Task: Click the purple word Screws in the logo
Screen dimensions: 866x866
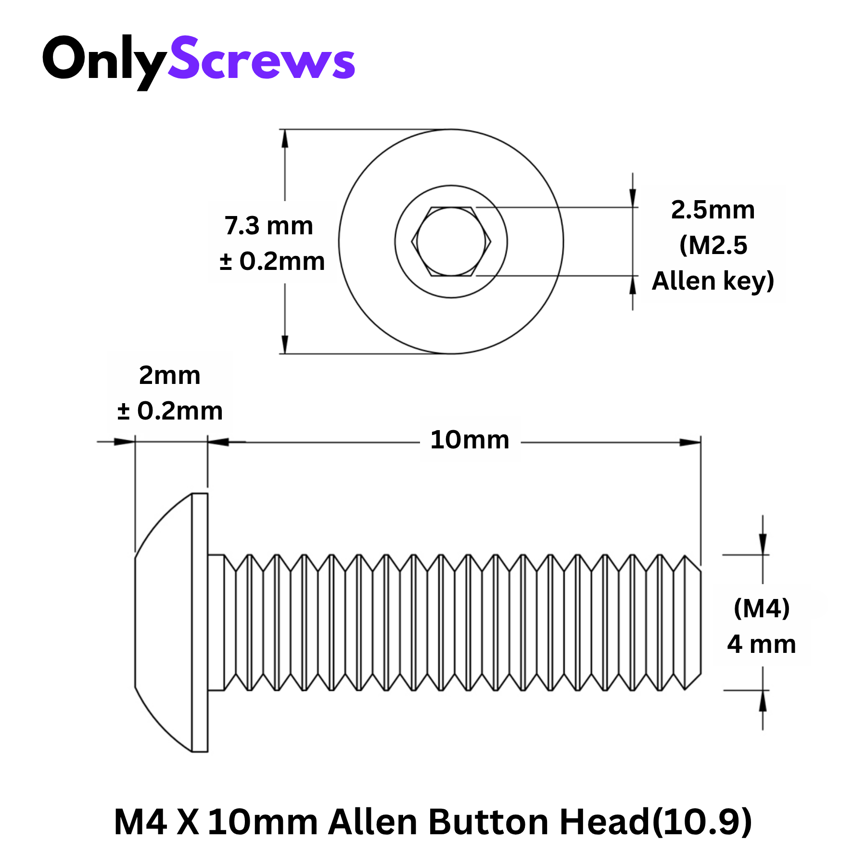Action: coord(262,58)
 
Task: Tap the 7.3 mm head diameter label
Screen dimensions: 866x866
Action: coord(269,226)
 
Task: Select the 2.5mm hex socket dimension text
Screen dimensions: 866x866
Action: coord(713,210)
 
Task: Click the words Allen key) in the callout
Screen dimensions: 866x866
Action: coord(713,281)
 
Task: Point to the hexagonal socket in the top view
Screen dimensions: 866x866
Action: coord(451,242)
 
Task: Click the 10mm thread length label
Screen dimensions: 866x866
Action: coord(470,440)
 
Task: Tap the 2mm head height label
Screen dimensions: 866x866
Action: coord(170,375)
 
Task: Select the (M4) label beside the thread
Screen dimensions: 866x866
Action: coord(762,609)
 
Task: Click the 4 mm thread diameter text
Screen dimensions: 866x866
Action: coord(762,644)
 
